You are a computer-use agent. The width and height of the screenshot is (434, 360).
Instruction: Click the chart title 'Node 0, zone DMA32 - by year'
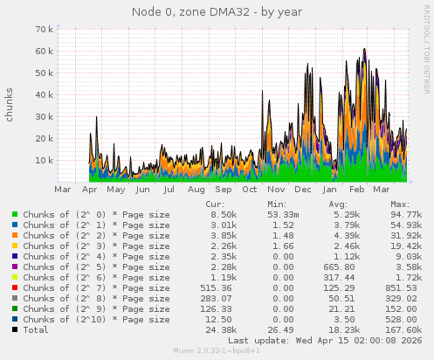click(x=217, y=11)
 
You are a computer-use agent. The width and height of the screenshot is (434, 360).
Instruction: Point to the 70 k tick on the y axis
click(x=45, y=29)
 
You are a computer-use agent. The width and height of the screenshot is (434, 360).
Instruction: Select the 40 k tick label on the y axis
click(x=45, y=94)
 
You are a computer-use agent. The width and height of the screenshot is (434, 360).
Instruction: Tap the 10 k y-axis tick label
click(x=45, y=160)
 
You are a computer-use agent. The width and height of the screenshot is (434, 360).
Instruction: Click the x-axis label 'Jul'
click(x=169, y=189)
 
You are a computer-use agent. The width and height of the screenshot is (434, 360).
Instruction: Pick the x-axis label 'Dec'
click(x=303, y=189)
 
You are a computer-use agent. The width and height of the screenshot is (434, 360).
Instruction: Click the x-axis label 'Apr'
click(x=89, y=189)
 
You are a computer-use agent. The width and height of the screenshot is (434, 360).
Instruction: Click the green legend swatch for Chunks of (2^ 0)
click(x=15, y=214)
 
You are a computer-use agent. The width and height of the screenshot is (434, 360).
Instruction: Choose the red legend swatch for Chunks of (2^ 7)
click(x=15, y=287)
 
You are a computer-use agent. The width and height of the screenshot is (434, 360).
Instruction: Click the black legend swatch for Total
click(x=15, y=329)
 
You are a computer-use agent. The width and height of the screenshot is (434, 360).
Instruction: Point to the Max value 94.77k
click(x=403, y=214)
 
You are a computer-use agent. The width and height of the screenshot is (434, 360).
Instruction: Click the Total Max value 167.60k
click(x=400, y=329)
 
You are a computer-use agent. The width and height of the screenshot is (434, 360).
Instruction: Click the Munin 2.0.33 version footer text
click(x=217, y=352)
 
